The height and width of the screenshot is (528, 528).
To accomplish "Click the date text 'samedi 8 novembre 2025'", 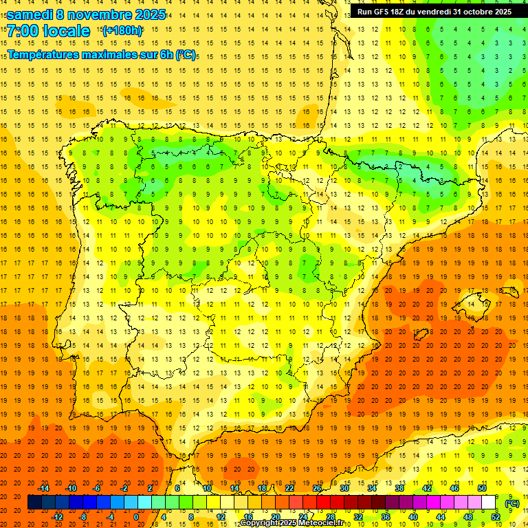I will (86, 14).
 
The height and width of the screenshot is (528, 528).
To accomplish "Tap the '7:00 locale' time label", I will (48, 31).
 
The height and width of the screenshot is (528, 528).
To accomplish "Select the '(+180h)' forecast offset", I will (122, 31).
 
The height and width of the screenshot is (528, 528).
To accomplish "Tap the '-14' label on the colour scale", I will (44, 488).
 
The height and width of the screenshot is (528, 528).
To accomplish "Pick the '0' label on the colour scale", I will (136, 517).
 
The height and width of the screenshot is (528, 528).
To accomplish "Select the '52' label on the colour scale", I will (496, 517).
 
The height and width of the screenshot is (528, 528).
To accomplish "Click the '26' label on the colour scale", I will (317, 488).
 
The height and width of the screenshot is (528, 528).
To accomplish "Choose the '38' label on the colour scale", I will (399, 488).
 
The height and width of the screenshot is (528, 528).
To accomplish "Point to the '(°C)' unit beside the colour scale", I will (512, 503).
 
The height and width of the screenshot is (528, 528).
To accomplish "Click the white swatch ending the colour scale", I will (489, 503).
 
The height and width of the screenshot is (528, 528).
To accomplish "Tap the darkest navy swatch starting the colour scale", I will (34, 503).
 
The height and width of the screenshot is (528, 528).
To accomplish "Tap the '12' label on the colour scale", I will (221, 517).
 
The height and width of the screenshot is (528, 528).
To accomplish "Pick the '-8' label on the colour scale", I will (83, 517).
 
